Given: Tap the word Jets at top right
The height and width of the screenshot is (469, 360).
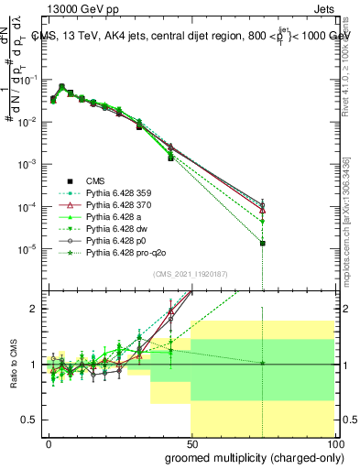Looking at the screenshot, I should (x=326, y=8).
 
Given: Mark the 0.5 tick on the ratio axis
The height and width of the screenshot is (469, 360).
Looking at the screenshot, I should (x=33, y=420).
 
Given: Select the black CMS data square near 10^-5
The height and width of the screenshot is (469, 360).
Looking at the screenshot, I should (x=263, y=244).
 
